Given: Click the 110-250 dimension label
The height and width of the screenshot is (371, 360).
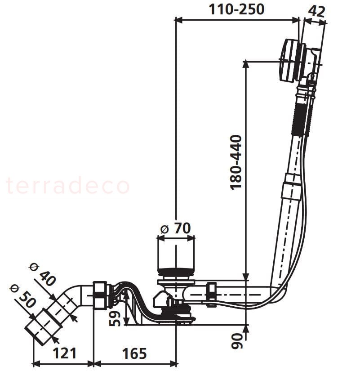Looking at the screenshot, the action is pos(236,9).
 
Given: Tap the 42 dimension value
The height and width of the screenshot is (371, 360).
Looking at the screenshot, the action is pos(317,11).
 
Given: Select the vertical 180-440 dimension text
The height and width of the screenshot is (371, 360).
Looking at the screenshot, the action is pos(236,162).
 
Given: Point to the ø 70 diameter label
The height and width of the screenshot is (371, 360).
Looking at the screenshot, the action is pos(176,228).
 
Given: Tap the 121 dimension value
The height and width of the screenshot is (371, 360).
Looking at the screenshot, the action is pos(65,353).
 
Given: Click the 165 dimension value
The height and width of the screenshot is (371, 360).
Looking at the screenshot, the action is pos(134,353).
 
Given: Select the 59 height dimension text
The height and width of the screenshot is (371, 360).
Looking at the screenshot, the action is pos(116,318).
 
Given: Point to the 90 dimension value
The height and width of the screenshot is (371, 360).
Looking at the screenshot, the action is pos(237,341).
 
